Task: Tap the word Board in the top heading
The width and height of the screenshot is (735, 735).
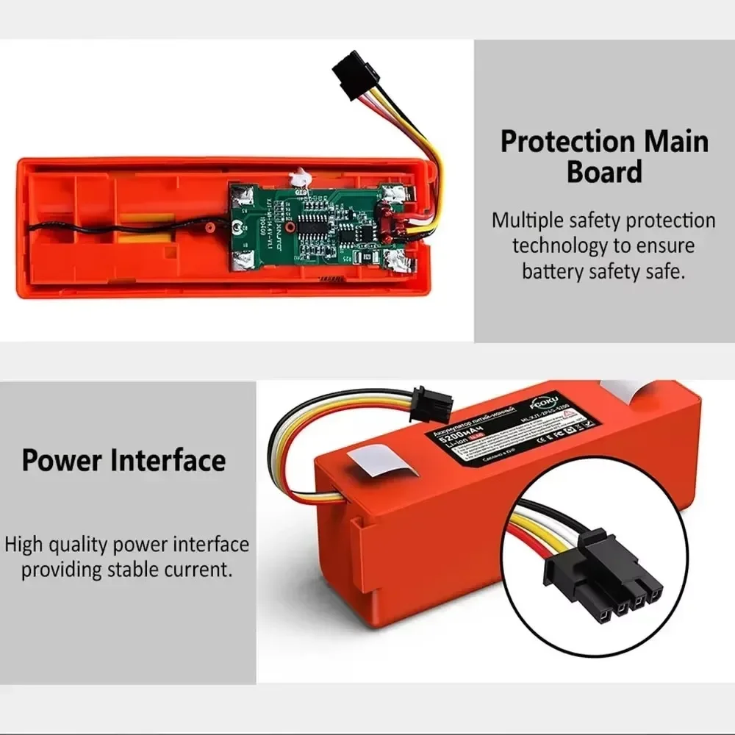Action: tap(604, 172)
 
